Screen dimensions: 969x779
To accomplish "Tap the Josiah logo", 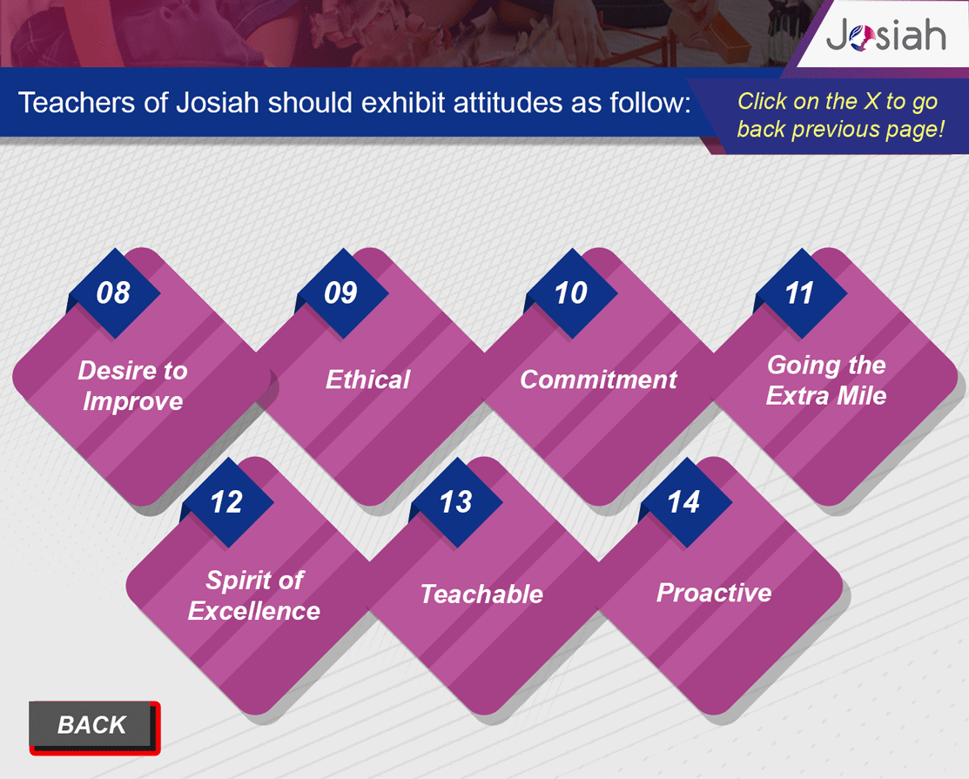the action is pyautogui.click(x=885, y=34).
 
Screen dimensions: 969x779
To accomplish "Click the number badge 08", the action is pyautogui.click(x=114, y=292).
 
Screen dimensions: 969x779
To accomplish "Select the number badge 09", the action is pyautogui.click(x=342, y=292).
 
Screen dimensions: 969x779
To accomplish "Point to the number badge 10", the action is pyautogui.click(x=570, y=292).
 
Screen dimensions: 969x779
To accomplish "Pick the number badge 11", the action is pyautogui.click(x=800, y=292).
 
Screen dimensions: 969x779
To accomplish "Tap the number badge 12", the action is pyautogui.click(x=227, y=501).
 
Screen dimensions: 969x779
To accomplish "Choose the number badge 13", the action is pyautogui.click(x=456, y=501).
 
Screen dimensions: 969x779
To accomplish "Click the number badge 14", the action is pyautogui.click(x=684, y=501).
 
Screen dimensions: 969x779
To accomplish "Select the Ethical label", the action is pyautogui.click(x=367, y=379).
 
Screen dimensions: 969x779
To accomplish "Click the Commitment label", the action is pyautogui.click(x=598, y=379).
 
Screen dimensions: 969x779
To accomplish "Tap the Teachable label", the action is pyautogui.click(x=481, y=594).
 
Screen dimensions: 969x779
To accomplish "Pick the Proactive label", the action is pyautogui.click(x=714, y=593).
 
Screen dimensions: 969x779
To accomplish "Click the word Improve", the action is pyautogui.click(x=133, y=401).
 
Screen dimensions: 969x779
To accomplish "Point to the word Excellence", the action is pyautogui.click(x=254, y=611).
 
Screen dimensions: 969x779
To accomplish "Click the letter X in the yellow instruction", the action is pyautogui.click(x=871, y=101).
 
